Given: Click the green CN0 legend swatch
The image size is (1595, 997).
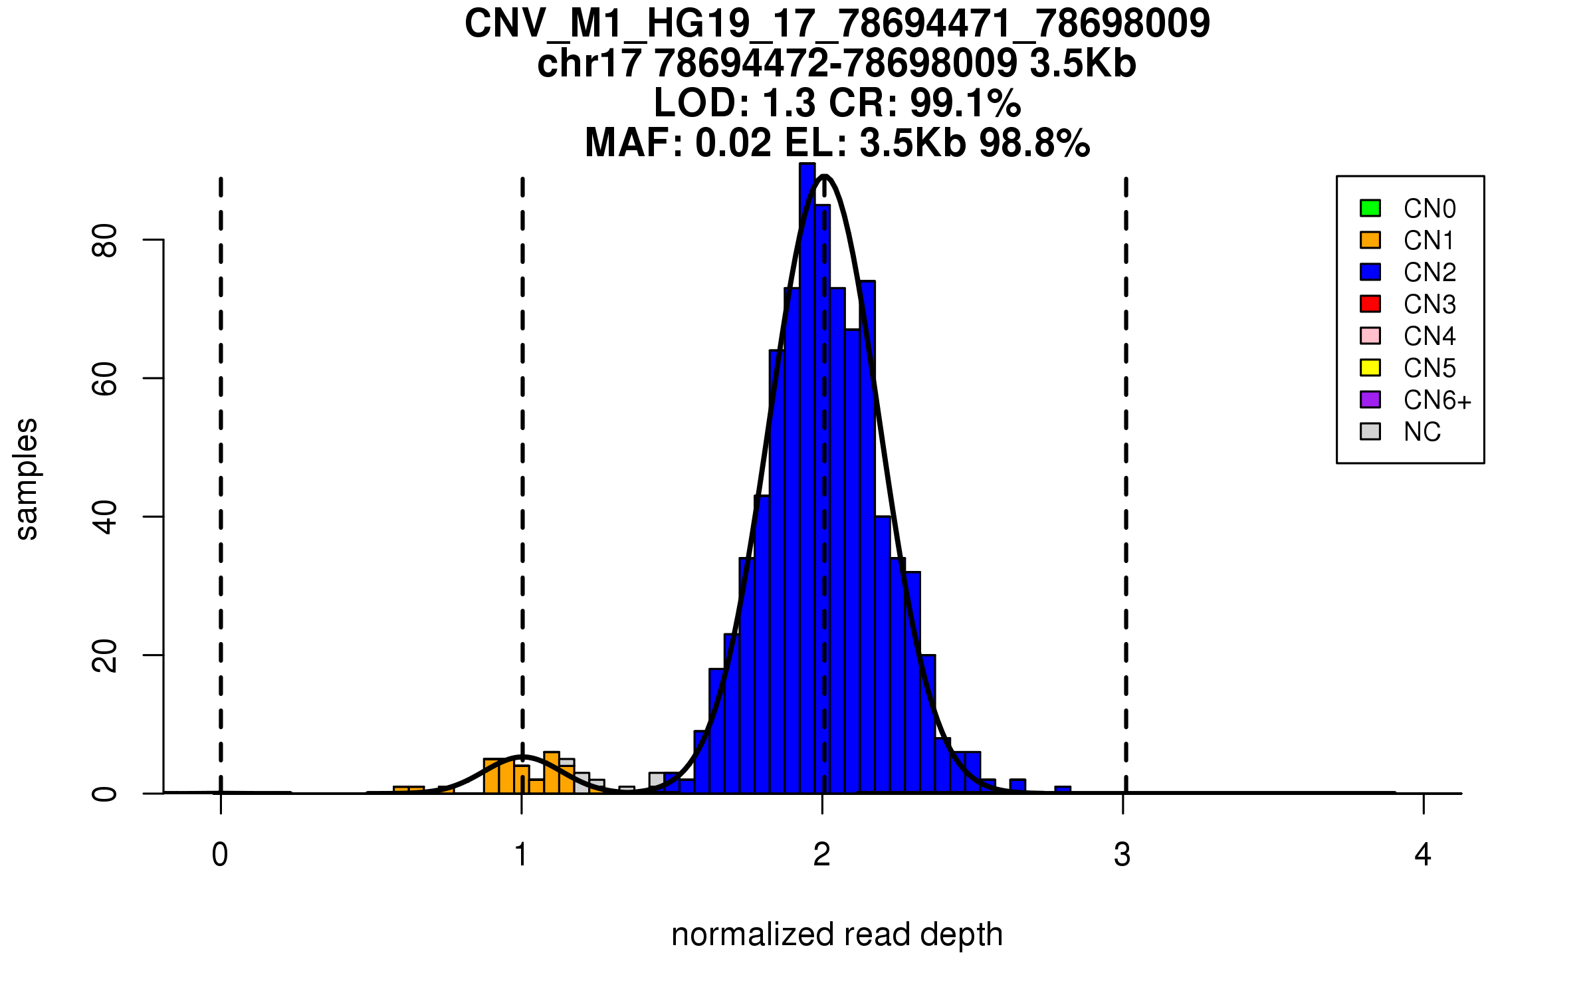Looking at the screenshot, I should [1370, 208].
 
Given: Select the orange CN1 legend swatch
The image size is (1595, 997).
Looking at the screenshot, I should [1370, 240].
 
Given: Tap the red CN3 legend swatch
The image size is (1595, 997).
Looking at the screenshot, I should [1370, 304].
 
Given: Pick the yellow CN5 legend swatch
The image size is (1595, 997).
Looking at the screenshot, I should [1370, 368].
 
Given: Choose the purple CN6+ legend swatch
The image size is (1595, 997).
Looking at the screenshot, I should [1370, 399].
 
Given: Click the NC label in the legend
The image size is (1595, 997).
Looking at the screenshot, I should [1422, 432].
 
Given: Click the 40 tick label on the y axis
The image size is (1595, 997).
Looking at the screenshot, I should [105, 517].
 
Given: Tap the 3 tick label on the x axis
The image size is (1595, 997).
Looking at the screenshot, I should [1122, 855].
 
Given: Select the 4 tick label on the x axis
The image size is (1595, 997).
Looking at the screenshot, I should [1423, 855].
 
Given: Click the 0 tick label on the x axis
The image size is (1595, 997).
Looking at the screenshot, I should [220, 855].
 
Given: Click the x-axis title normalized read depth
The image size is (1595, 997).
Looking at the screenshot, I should [837, 935].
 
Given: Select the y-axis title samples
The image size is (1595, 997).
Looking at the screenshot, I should [27, 479].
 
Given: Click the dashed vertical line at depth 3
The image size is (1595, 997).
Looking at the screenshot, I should [1126, 465].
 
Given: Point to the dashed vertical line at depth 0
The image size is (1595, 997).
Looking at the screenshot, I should [221, 465].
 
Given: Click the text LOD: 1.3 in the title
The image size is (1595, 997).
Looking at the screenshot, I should [734, 103].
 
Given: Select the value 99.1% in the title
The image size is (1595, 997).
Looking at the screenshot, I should [965, 103].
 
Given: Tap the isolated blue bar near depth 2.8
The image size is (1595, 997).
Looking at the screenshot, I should [1063, 790].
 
